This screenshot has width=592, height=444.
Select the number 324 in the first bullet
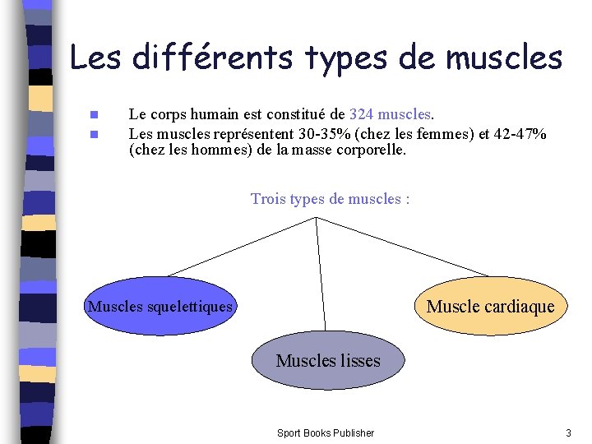[362, 114]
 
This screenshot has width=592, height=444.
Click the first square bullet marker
[95, 114]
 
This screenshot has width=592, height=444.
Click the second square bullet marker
[95, 133]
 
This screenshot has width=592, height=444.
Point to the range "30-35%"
[322, 133]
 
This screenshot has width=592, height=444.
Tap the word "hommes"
[211, 150]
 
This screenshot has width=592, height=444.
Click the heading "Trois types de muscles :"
[330, 198]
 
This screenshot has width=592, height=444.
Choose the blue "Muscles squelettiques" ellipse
[160, 307]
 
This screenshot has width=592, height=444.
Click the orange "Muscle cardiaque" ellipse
[491, 307]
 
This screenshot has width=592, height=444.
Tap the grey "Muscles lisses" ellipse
[328, 360]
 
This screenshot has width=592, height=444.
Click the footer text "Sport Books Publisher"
[325, 432]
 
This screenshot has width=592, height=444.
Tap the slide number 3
[567, 432]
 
